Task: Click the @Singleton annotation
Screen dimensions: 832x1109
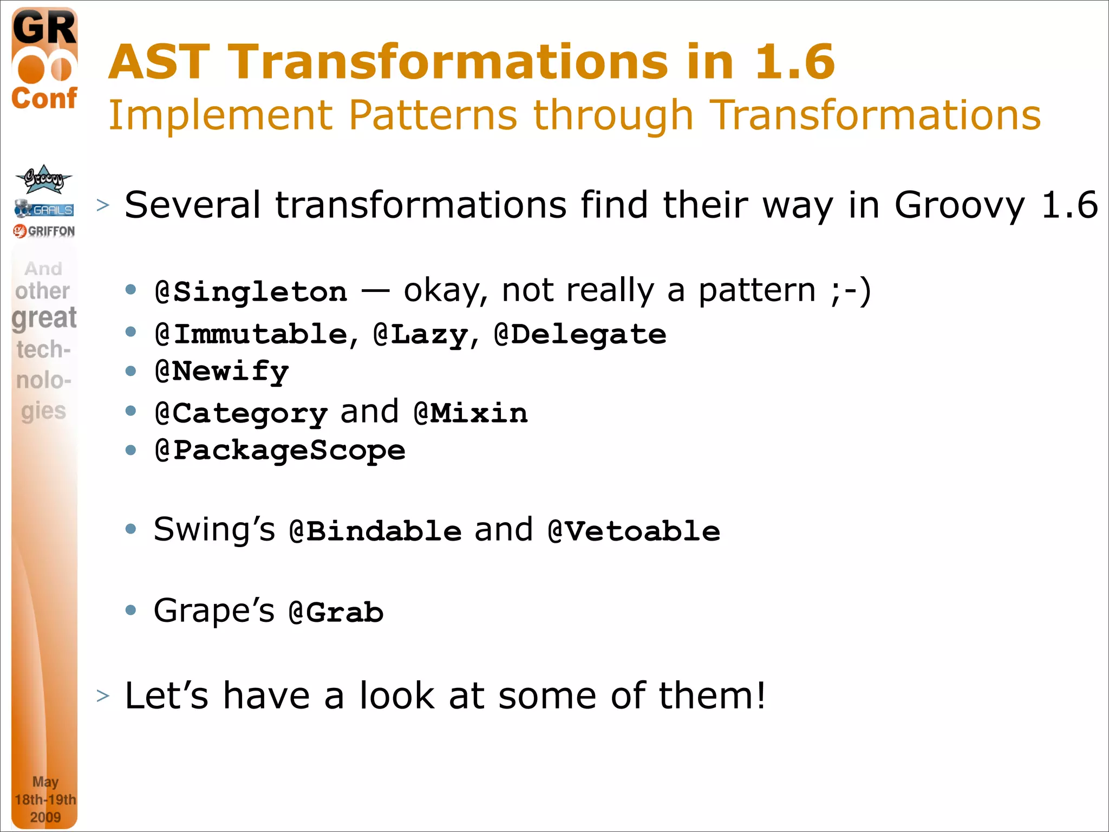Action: [251, 292]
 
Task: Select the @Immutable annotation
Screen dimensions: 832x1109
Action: [251, 334]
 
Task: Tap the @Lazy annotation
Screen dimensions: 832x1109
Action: [421, 334]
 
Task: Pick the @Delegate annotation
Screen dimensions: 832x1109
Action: [580, 334]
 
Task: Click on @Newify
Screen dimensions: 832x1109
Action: [222, 372]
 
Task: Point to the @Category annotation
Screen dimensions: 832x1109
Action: [241, 414]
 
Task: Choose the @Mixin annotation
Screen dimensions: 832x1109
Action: [470, 414]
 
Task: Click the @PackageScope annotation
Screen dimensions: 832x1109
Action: [280, 451]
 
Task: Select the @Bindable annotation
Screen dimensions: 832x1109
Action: [375, 531]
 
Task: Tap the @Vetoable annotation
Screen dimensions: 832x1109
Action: [634, 531]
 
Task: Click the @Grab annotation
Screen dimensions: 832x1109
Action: [336, 613]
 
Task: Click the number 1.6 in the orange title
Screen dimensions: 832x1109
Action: [794, 62]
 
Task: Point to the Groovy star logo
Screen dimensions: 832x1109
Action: [43, 179]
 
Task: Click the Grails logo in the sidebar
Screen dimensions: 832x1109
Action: [44, 209]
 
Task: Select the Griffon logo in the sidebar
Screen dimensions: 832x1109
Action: [44, 231]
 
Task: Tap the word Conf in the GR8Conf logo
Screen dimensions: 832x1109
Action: [44, 99]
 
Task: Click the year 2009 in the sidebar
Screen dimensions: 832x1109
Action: [45, 817]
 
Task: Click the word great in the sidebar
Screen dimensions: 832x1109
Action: [44, 318]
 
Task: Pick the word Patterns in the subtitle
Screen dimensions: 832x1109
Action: [433, 115]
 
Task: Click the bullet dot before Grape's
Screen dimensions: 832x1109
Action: [131, 610]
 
